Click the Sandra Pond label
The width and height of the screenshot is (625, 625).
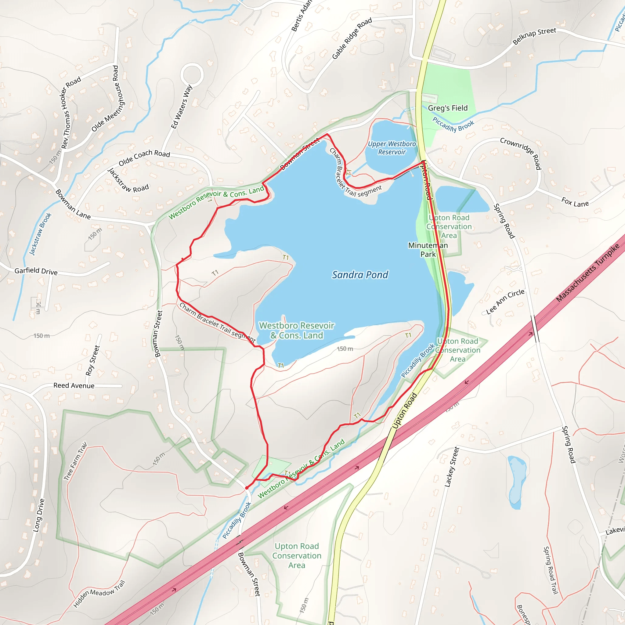click(x=360, y=275)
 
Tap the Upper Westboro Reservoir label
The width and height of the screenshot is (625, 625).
click(x=392, y=148)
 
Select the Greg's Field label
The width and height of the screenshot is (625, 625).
click(x=448, y=108)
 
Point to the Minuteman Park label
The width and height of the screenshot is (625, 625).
click(x=428, y=250)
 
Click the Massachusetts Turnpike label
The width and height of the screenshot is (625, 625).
click(x=587, y=273)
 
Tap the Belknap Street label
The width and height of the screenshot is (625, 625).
click(x=534, y=36)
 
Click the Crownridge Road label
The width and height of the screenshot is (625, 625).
click(x=521, y=153)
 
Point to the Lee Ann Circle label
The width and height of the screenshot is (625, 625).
click(x=505, y=302)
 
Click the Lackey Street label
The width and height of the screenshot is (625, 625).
click(x=452, y=467)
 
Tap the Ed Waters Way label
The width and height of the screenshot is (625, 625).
click(x=182, y=107)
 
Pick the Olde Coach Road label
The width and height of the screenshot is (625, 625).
click(x=144, y=157)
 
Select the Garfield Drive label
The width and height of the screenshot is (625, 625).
click(x=36, y=271)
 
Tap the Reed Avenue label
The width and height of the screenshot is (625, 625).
click(x=74, y=386)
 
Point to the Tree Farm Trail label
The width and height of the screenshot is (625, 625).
click(x=75, y=461)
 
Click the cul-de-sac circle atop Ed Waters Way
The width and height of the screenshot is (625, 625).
click(x=192, y=74)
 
